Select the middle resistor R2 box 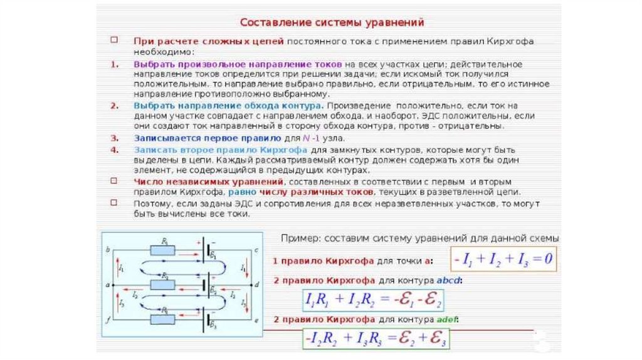coord(164,284)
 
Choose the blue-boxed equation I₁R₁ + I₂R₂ coord(373,299)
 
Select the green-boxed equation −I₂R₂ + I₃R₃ coord(376,339)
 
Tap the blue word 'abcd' coord(449,280)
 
